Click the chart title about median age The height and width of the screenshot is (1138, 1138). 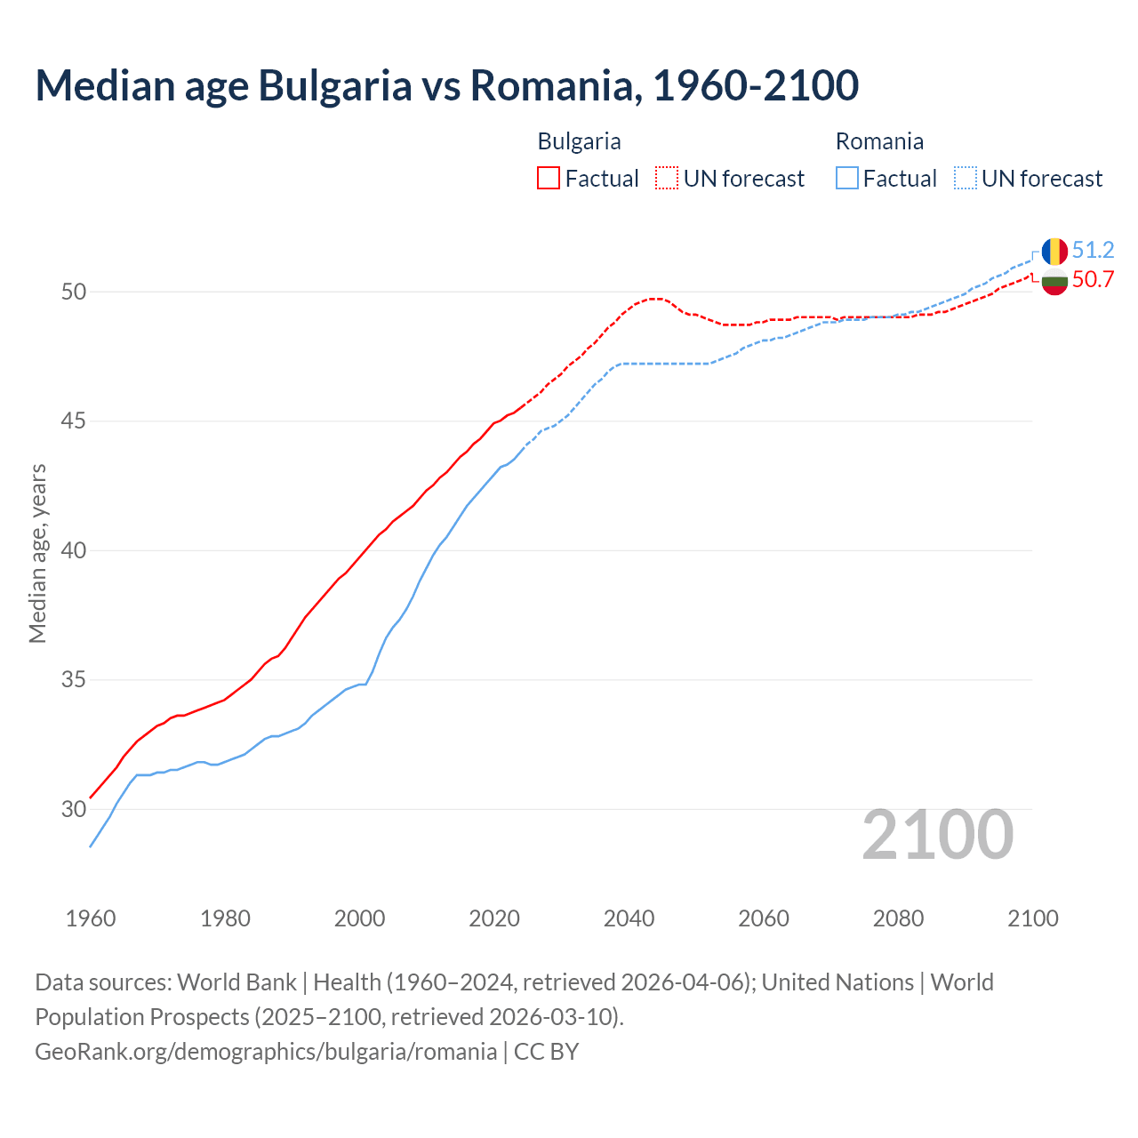click(x=446, y=85)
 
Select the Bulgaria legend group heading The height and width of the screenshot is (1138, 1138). click(x=579, y=141)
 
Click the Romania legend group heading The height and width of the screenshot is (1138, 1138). click(x=879, y=141)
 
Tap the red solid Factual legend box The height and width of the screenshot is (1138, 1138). click(x=549, y=179)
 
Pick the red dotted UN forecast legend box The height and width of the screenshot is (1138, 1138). click(x=667, y=179)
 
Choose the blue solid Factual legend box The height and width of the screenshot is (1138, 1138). click(x=847, y=179)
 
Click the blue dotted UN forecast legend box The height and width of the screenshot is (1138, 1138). click(x=965, y=179)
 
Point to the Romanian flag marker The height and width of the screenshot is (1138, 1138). click(x=1054, y=251)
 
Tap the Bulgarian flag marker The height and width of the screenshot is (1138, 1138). click(x=1054, y=282)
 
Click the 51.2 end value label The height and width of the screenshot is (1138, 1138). click(x=1093, y=250)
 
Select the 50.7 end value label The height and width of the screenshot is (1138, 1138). click(x=1093, y=280)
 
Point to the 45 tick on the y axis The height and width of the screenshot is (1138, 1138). click(x=74, y=421)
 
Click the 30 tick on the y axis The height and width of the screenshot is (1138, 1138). click(x=74, y=809)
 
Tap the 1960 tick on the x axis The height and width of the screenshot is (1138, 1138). click(x=91, y=918)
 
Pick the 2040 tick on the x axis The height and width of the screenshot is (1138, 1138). click(x=629, y=918)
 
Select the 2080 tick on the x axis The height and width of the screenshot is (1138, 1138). click(x=898, y=918)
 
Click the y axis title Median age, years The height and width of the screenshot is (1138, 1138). click(x=37, y=553)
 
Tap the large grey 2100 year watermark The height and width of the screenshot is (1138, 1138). click(x=937, y=835)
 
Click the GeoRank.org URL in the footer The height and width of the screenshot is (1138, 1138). click(x=266, y=1052)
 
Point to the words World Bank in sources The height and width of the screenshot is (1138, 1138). click(x=236, y=982)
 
